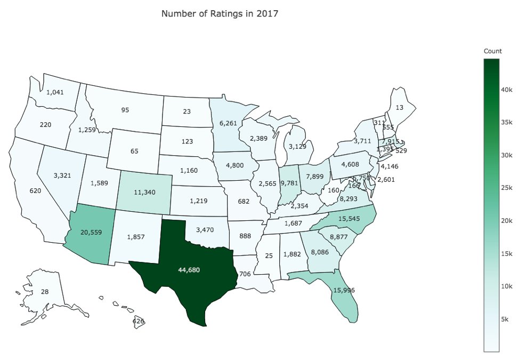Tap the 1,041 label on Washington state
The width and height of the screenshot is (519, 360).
[x=55, y=92]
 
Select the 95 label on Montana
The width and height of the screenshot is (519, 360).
[x=125, y=110]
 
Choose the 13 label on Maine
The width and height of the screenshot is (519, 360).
[x=400, y=107]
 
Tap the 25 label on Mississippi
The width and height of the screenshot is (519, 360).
[x=269, y=257]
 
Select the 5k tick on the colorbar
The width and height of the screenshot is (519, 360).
[x=506, y=319]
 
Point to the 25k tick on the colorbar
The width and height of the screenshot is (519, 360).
[x=506, y=188]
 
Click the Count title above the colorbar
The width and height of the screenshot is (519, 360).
[x=492, y=51]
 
